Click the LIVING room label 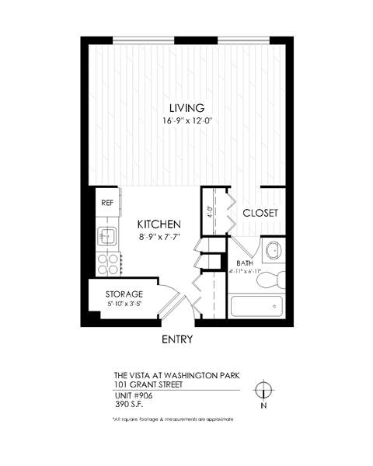click(x=186, y=108)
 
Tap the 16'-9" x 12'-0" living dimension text click(x=186, y=121)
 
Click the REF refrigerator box click(x=106, y=203)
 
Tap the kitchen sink click(x=106, y=235)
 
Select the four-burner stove click(x=106, y=263)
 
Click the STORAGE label click(x=124, y=294)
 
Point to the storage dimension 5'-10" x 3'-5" click(x=124, y=304)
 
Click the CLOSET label click(x=260, y=213)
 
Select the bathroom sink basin click(x=274, y=251)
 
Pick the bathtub click(x=257, y=308)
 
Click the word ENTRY click(x=176, y=339)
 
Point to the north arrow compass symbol click(x=264, y=391)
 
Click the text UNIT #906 click(x=133, y=395)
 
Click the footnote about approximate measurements click(x=173, y=419)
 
